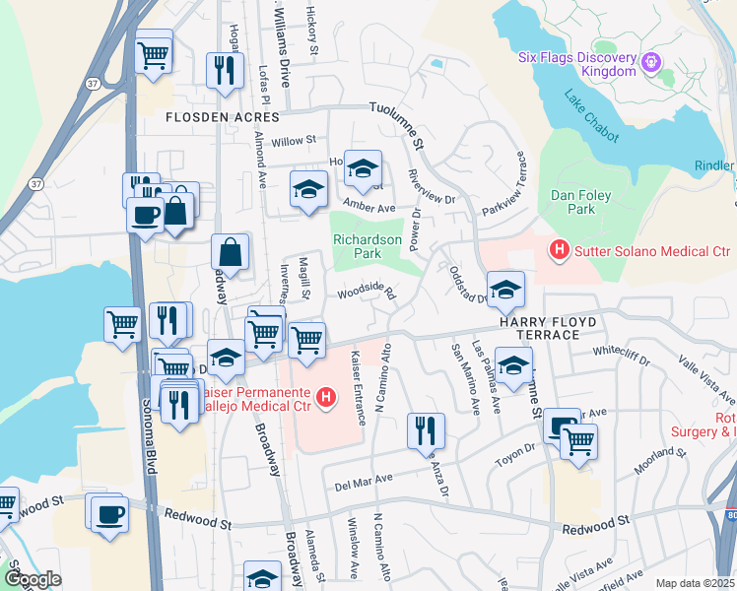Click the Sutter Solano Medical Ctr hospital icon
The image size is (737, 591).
(560, 250)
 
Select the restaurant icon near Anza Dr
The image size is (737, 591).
(426, 429)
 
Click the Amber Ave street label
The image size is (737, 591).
(368, 208)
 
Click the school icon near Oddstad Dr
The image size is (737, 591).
(506, 290)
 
